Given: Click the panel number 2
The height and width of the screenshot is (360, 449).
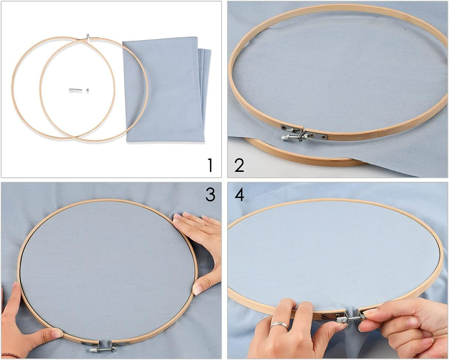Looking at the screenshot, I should point(239,165).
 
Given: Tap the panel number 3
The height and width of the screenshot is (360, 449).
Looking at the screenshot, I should point(210,195).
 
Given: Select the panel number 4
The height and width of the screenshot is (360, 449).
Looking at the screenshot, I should point(239,195).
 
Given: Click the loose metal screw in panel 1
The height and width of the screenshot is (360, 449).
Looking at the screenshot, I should point(75,89).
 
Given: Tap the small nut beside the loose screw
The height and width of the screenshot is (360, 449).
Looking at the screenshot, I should point(88,89).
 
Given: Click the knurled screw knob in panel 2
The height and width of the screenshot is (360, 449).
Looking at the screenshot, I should point(287,137).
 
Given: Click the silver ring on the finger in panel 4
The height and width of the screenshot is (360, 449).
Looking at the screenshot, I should point(279,325).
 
